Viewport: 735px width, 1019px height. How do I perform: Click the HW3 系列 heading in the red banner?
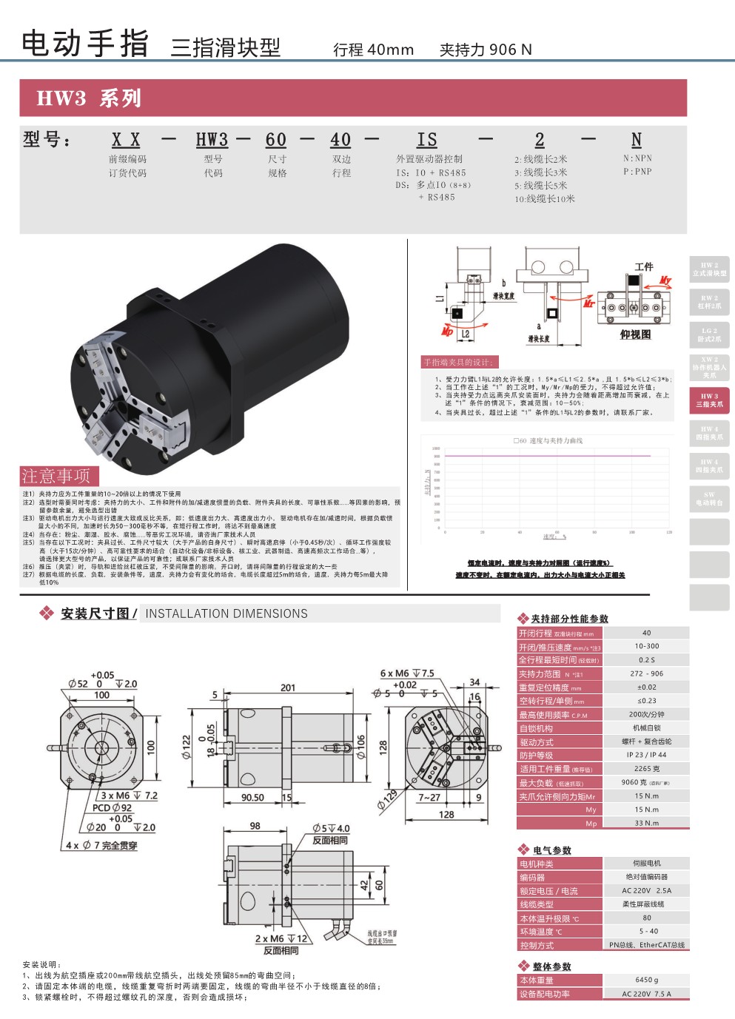(89, 98)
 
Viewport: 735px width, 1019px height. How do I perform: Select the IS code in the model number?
(427, 140)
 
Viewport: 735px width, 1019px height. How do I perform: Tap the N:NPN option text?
(637, 158)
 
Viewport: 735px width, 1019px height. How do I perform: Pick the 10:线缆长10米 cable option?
(545, 199)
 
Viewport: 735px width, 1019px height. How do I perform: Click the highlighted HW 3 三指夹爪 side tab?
(709, 400)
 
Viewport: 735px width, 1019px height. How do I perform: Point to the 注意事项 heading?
(56, 476)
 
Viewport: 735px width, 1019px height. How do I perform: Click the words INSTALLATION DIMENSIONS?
(226, 613)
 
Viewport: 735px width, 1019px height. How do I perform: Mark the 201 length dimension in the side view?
(288, 688)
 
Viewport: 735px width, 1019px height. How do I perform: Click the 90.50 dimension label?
(252, 798)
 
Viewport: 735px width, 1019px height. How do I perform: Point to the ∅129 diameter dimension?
(386, 801)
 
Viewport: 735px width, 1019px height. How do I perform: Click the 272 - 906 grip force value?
(646, 674)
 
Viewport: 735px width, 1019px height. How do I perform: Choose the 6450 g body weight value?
(646, 981)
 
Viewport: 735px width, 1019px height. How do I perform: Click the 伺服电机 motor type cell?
(646, 864)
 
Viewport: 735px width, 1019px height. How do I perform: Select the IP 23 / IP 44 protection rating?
(646, 755)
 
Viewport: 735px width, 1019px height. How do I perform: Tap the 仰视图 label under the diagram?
(635, 335)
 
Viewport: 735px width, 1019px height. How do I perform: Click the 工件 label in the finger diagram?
(644, 266)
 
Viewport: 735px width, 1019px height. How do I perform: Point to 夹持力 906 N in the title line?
(486, 50)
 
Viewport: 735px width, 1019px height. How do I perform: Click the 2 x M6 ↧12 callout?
(281, 938)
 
